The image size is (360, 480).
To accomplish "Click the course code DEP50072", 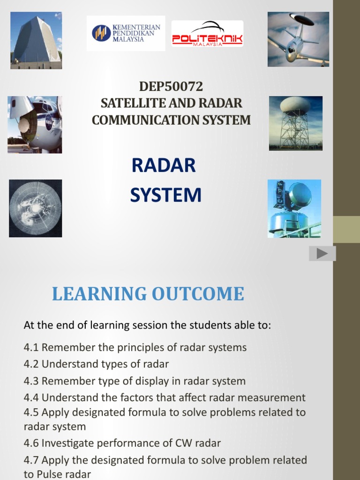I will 171,87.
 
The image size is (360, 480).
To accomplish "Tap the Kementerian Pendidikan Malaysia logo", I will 126,33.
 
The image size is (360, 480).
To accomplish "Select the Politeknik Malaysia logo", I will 207,34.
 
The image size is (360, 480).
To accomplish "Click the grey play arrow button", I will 322,254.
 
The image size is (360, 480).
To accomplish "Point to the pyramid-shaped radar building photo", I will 36,41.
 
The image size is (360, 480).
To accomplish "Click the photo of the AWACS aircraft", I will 298,39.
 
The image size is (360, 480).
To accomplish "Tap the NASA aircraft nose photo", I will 35,124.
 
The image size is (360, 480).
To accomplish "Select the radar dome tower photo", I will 295,123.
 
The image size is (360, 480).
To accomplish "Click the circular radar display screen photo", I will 35,208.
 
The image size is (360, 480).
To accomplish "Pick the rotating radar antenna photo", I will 294,208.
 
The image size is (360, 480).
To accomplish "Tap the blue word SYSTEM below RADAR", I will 166,195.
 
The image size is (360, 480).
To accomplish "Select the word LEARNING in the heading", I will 100,294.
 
